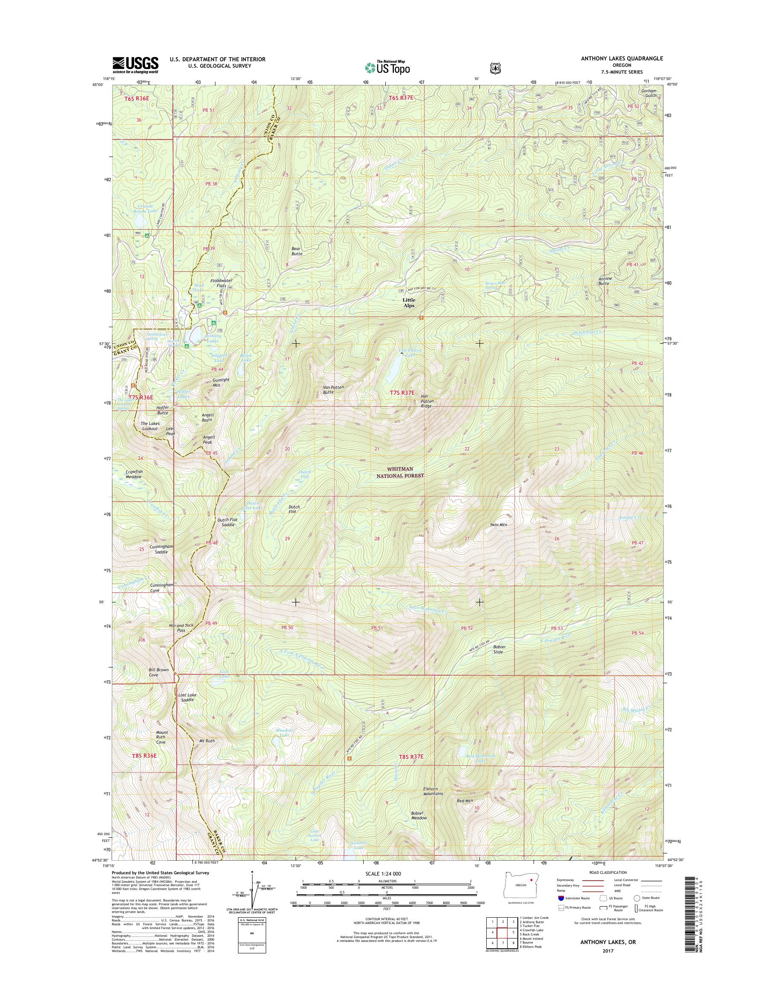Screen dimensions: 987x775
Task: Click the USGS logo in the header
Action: click(x=135, y=65)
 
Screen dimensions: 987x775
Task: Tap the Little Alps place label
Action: click(x=408, y=302)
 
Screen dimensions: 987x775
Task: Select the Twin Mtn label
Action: click(x=498, y=525)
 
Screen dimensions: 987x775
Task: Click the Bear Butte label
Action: click(x=297, y=251)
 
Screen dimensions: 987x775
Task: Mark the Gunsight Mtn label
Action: click(x=221, y=382)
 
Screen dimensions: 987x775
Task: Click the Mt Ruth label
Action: click(x=207, y=741)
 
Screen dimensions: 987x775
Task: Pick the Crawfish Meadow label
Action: click(x=134, y=474)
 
